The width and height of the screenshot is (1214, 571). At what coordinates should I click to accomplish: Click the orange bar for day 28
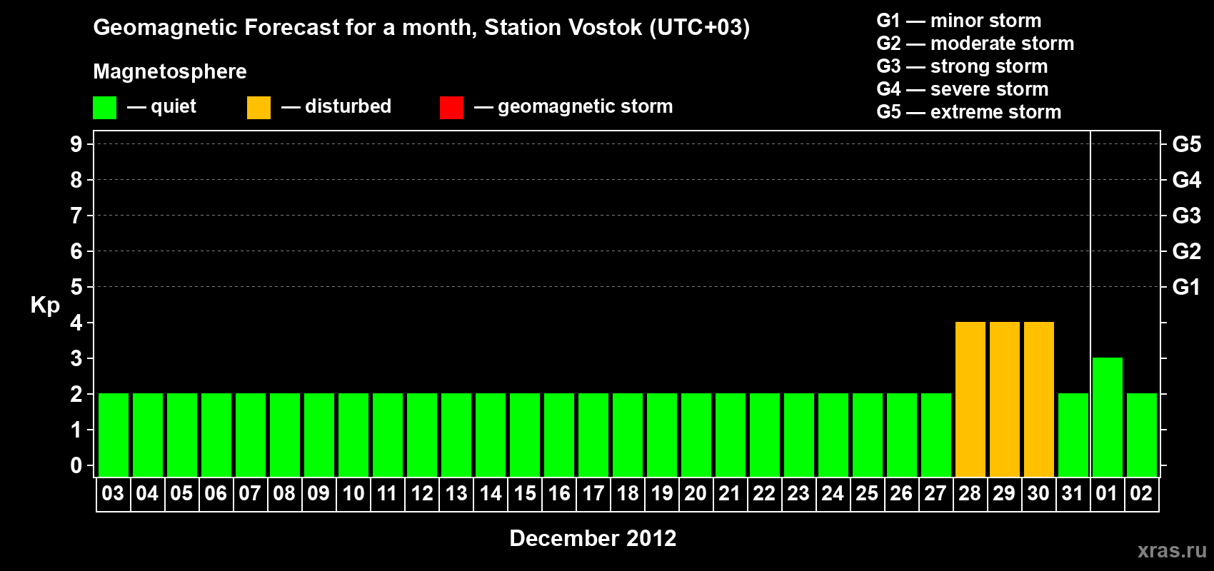pos(970,399)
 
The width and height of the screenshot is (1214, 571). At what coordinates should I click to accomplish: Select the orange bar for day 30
pos(1039,399)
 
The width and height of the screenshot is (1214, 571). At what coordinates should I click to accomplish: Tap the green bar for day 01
pos(1107,417)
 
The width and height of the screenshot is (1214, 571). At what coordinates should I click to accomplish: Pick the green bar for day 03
pos(114,435)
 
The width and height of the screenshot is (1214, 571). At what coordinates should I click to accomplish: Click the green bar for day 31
pos(1073,435)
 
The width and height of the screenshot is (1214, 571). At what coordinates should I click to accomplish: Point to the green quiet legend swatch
pos(104,107)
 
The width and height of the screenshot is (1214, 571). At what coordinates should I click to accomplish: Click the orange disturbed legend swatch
pos(259,107)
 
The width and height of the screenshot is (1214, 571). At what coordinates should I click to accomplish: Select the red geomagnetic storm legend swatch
pos(451,107)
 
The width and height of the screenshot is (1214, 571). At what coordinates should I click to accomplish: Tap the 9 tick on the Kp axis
pos(76,144)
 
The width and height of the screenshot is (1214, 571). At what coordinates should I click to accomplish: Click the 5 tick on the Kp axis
pos(76,287)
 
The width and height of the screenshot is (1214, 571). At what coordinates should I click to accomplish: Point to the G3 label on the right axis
pos(1186,216)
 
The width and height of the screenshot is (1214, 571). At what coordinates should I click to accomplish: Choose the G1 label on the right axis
pos(1186,287)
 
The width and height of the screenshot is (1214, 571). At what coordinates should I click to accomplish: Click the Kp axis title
pos(45,305)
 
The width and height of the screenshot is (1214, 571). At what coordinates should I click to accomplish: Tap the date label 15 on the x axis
pos(525,493)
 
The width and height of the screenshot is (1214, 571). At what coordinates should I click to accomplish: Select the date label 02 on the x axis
pos(1141,493)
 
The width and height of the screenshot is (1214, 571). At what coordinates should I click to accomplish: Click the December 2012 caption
pos(593,538)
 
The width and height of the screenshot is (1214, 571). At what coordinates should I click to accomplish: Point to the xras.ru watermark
pos(1172,550)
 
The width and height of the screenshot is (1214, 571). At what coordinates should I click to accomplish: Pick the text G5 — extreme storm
pos(968,112)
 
